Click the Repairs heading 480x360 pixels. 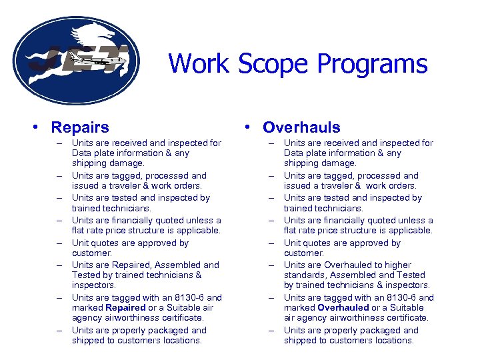click(x=80, y=127)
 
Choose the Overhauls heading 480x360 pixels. click(x=301, y=127)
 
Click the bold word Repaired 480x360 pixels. click(x=125, y=308)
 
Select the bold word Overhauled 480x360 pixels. click(x=343, y=308)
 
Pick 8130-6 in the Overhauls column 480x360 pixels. click(x=399, y=298)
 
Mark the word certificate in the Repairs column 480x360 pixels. click(x=180, y=318)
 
